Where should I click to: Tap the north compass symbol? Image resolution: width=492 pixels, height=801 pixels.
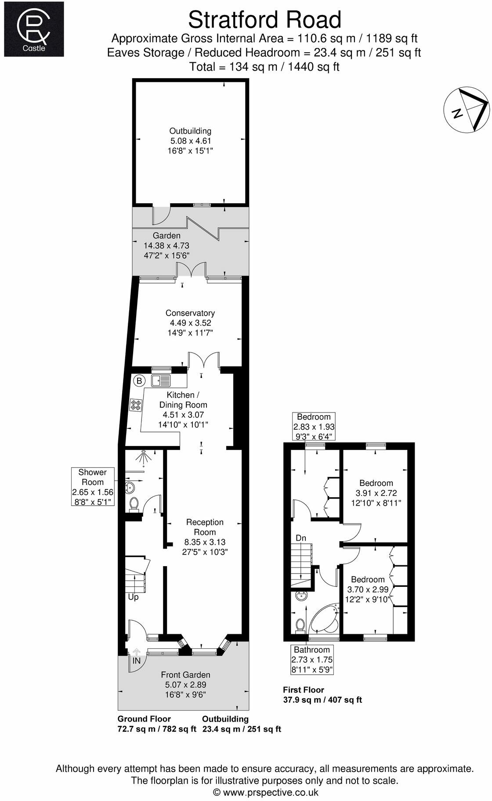pos(467,110)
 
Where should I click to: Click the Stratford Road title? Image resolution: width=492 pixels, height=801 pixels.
pos(264,20)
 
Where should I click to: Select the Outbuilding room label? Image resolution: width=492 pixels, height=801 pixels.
pos(190,131)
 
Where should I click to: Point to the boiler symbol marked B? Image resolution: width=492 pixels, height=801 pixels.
pos(139,381)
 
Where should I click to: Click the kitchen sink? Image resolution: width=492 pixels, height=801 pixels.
pos(161,380)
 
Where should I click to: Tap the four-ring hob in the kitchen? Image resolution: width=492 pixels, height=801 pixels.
pos(136,405)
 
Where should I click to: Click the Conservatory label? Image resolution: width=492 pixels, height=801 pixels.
pos(190,313)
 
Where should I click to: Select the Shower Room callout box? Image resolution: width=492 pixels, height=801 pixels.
pos(93,486)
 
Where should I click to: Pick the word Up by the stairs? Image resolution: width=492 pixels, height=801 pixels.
pos(133,597)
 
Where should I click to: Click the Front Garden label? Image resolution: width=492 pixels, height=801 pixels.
pos(185,675)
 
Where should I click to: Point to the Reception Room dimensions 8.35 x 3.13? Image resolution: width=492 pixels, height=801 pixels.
pos(205,542)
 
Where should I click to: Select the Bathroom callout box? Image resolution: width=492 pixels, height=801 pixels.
pos(312,659)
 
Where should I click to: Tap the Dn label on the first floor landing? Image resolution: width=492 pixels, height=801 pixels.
pos(301,538)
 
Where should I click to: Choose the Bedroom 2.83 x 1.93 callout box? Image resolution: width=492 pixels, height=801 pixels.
pos(314,426)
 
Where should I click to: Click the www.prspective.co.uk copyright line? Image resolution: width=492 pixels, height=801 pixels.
pos(265,792)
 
